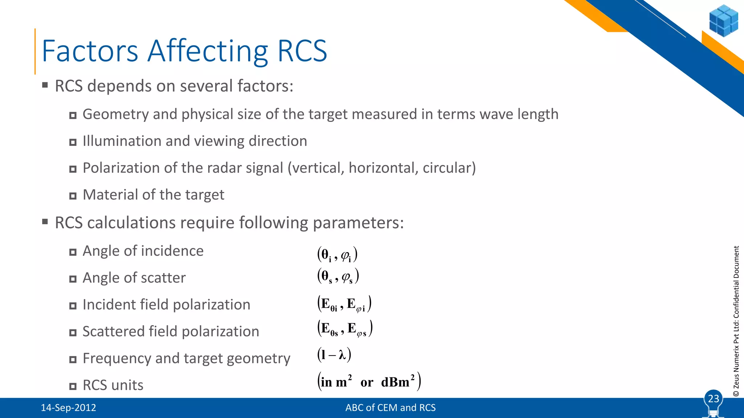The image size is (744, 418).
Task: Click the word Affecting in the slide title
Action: click(207, 51)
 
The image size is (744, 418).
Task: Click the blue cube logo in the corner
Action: click(723, 21)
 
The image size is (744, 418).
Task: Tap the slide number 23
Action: click(713, 399)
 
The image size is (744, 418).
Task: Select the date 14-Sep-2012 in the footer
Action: click(68, 408)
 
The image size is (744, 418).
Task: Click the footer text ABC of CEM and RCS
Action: click(390, 408)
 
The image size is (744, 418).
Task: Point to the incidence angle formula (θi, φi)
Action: click(337, 254)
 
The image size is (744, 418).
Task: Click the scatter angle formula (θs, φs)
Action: click(338, 276)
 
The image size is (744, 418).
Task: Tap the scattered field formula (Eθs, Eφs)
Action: click(345, 328)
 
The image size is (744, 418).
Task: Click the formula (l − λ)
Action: click(334, 355)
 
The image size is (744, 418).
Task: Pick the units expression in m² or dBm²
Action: click(369, 381)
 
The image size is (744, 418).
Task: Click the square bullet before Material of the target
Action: click(73, 196)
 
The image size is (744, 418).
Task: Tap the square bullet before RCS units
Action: click(73, 386)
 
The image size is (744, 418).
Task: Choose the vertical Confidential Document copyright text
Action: click(736, 321)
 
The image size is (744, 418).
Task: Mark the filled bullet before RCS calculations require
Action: click(45, 222)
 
